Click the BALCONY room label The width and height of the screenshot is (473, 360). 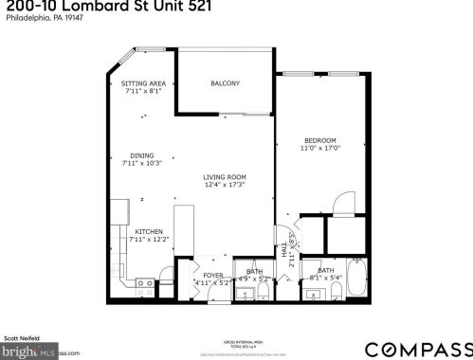pos(225,83)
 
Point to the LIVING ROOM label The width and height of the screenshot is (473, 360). pos(225,176)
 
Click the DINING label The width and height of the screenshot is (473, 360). pos(142,155)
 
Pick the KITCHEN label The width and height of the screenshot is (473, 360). pos(149,231)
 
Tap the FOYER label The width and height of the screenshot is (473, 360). pos(211,275)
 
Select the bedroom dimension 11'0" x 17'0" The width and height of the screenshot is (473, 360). pos(320,149)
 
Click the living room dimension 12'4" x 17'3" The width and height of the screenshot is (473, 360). pos(225,185)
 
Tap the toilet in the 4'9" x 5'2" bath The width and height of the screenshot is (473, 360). pos(264,293)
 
